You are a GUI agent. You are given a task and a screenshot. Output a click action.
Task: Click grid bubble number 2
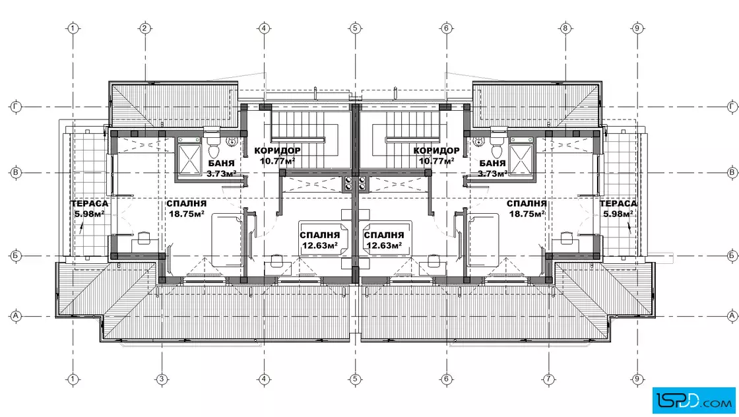click(x=145, y=28)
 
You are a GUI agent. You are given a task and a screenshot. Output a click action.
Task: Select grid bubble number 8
click(x=565, y=28)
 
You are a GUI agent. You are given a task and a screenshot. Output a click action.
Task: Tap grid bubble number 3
click(x=162, y=379)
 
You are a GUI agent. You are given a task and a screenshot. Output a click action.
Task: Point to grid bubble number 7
click(x=548, y=379)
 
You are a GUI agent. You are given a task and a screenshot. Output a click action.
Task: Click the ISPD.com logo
click(x=693, y=401)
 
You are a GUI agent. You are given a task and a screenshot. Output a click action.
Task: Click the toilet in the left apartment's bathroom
click(x=214, y=147)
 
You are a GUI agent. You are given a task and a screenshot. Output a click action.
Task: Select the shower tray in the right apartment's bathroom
click(x=521, y=159)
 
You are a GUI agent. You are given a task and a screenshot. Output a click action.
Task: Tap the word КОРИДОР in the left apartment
click(x=277, y=151)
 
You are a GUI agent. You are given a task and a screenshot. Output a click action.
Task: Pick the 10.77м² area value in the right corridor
click(x=436, y=161)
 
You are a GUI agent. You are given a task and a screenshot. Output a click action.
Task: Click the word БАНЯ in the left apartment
click(x=221, y=164)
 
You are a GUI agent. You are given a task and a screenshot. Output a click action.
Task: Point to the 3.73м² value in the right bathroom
click(x=492, y=174)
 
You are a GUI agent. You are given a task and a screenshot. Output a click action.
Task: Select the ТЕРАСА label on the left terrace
click(x=90, y=204)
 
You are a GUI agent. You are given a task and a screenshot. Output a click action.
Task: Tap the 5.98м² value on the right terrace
click(x=618, y=214)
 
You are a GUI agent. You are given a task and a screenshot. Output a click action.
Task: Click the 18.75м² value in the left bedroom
click(x=187, y=213)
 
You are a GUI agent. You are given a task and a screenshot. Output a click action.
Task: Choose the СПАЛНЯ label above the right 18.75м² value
click(x=527, y=204)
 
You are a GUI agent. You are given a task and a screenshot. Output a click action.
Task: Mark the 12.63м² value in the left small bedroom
click(x=319, y=245)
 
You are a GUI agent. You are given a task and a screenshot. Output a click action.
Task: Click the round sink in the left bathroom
click(x=232, y=141)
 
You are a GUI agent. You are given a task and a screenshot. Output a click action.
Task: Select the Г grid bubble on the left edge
click(x=16, y=107)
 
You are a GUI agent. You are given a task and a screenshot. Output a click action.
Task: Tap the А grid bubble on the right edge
click(x=732, y=315)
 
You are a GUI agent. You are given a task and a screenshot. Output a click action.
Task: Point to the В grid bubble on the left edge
click(x=16, y=172)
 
